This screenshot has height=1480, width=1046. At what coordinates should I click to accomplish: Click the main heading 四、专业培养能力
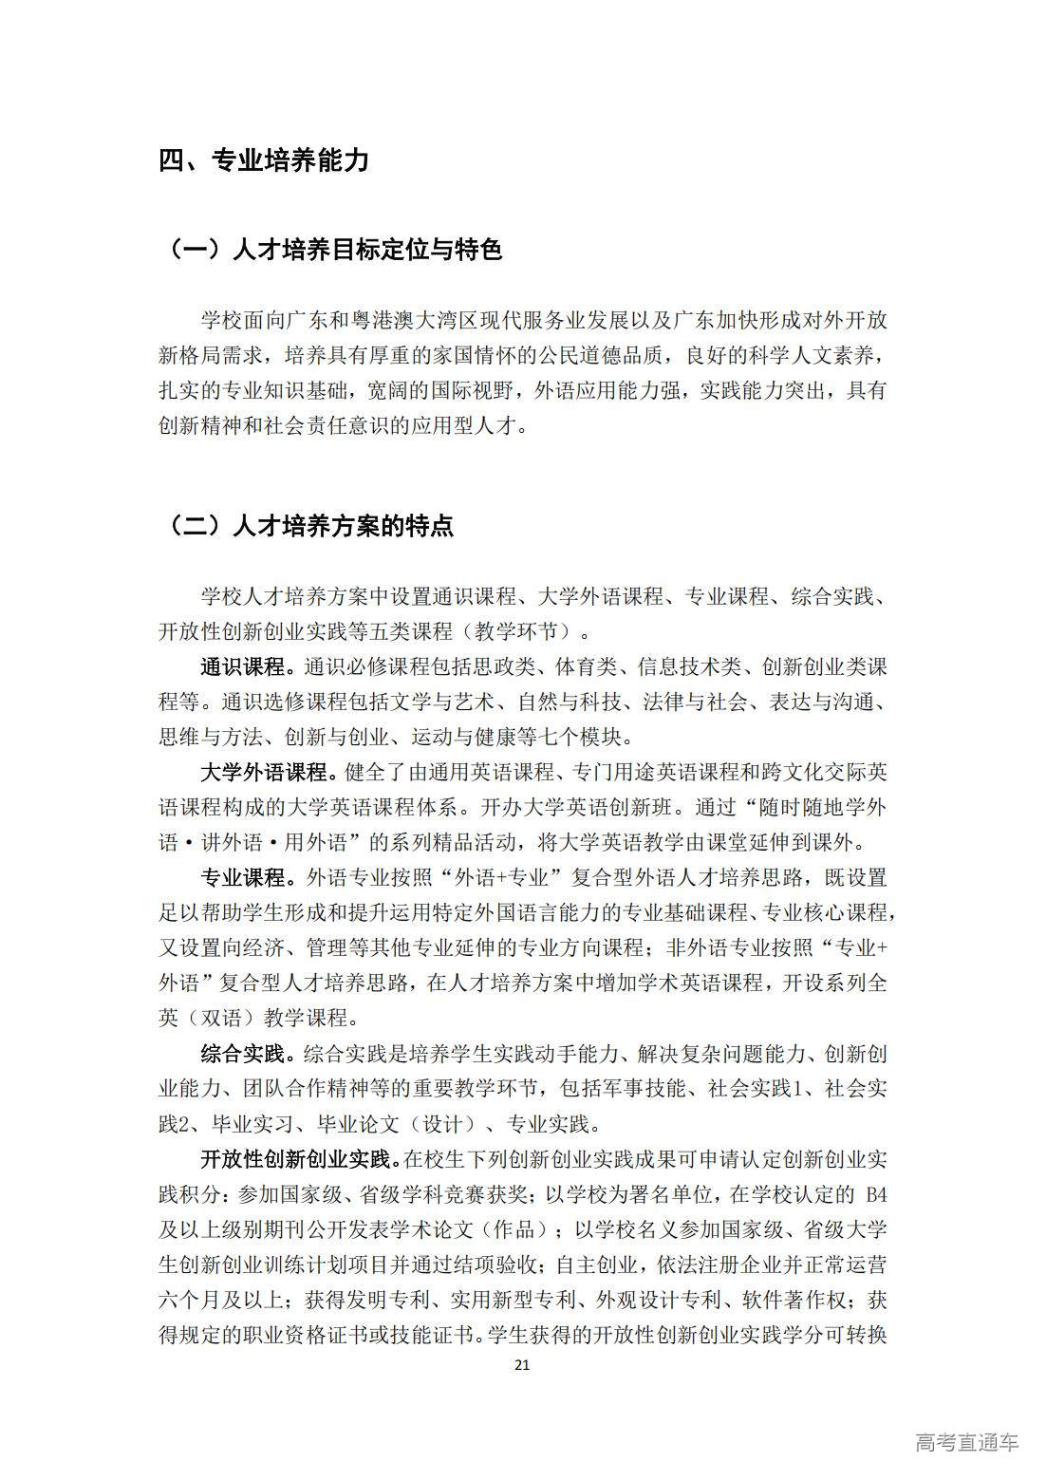264,160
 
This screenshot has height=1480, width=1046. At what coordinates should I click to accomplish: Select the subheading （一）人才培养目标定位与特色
335,250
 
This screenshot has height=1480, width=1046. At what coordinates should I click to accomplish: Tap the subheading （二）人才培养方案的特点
310,525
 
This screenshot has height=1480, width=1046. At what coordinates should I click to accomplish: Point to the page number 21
521,1365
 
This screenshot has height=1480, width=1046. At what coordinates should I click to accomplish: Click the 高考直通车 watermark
966,1442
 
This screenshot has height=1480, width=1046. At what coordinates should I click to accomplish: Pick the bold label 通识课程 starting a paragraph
242,667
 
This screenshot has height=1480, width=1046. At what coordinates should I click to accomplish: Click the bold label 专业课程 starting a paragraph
242,877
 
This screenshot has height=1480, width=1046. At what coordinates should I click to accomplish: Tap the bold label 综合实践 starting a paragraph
242,1054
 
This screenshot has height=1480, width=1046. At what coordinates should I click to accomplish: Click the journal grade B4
873,1194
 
